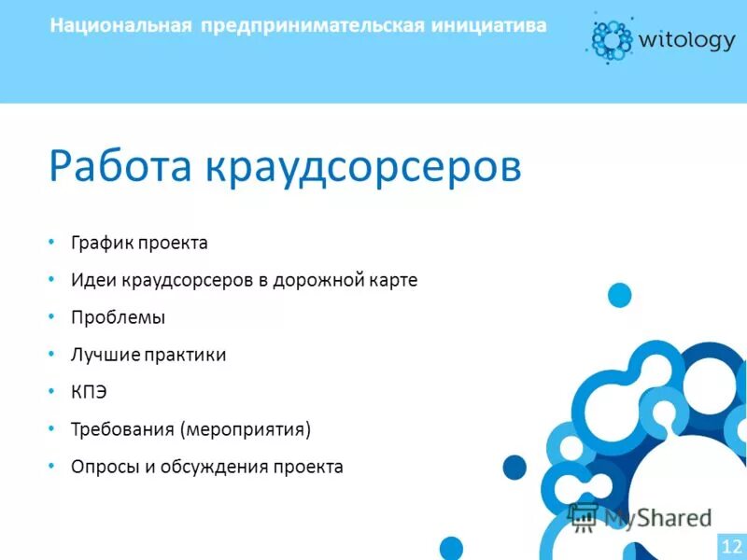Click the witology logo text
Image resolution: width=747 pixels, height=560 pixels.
(686, 39)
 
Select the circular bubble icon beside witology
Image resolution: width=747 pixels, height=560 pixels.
(611, 37)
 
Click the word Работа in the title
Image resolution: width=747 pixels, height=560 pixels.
(120, 165)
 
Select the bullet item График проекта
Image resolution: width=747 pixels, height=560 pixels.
(139, 243)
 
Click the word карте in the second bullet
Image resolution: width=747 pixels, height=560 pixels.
(392, 280)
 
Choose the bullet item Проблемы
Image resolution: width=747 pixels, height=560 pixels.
(118, 317)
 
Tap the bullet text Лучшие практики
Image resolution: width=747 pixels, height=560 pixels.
(148, 355)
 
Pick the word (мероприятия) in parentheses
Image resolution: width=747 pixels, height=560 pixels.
(247, 429)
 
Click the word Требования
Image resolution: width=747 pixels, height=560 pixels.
(123, 429)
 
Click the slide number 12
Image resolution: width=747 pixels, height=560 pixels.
(731, 545)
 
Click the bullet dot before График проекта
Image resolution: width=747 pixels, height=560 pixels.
(52, 242)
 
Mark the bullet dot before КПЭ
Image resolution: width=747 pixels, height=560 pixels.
(52, 391)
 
